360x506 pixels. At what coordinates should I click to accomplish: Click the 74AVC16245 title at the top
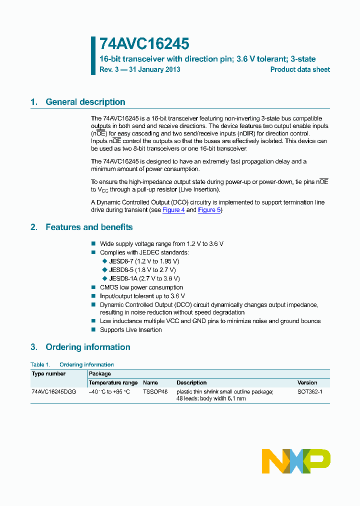tap(144, 44)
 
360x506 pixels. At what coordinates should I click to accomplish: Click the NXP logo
tap(296, 460)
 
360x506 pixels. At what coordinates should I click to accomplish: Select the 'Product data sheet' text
tap(300, 69)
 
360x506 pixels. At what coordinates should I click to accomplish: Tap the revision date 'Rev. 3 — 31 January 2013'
tap(140, 69)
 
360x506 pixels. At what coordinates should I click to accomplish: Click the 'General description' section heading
tap(85, 102)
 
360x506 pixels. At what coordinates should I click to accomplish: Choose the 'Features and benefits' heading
tap(89, 227)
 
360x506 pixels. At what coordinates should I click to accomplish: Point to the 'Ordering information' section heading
tap(87, 347)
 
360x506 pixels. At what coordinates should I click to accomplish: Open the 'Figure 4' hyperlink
tap(173, 210)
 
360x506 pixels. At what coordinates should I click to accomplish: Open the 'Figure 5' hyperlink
tap(209, 210)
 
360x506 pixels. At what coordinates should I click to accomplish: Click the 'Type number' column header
tap(48, 373)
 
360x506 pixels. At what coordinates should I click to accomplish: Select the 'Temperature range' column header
tap(113, 382)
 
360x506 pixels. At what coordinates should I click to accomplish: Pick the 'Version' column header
tap(307, 382)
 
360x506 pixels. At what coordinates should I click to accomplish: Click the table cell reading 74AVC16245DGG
tap(53, 391)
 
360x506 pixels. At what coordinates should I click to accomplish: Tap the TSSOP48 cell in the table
tap(155, 391)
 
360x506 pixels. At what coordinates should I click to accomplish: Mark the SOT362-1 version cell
tap(309, 391)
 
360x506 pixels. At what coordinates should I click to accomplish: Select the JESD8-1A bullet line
tap(144, 278)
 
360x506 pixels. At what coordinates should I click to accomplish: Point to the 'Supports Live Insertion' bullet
tap(130, 329)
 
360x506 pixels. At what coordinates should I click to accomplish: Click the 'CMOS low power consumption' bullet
tap(141, 287)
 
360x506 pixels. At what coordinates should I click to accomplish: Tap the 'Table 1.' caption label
tap(40, 364)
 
